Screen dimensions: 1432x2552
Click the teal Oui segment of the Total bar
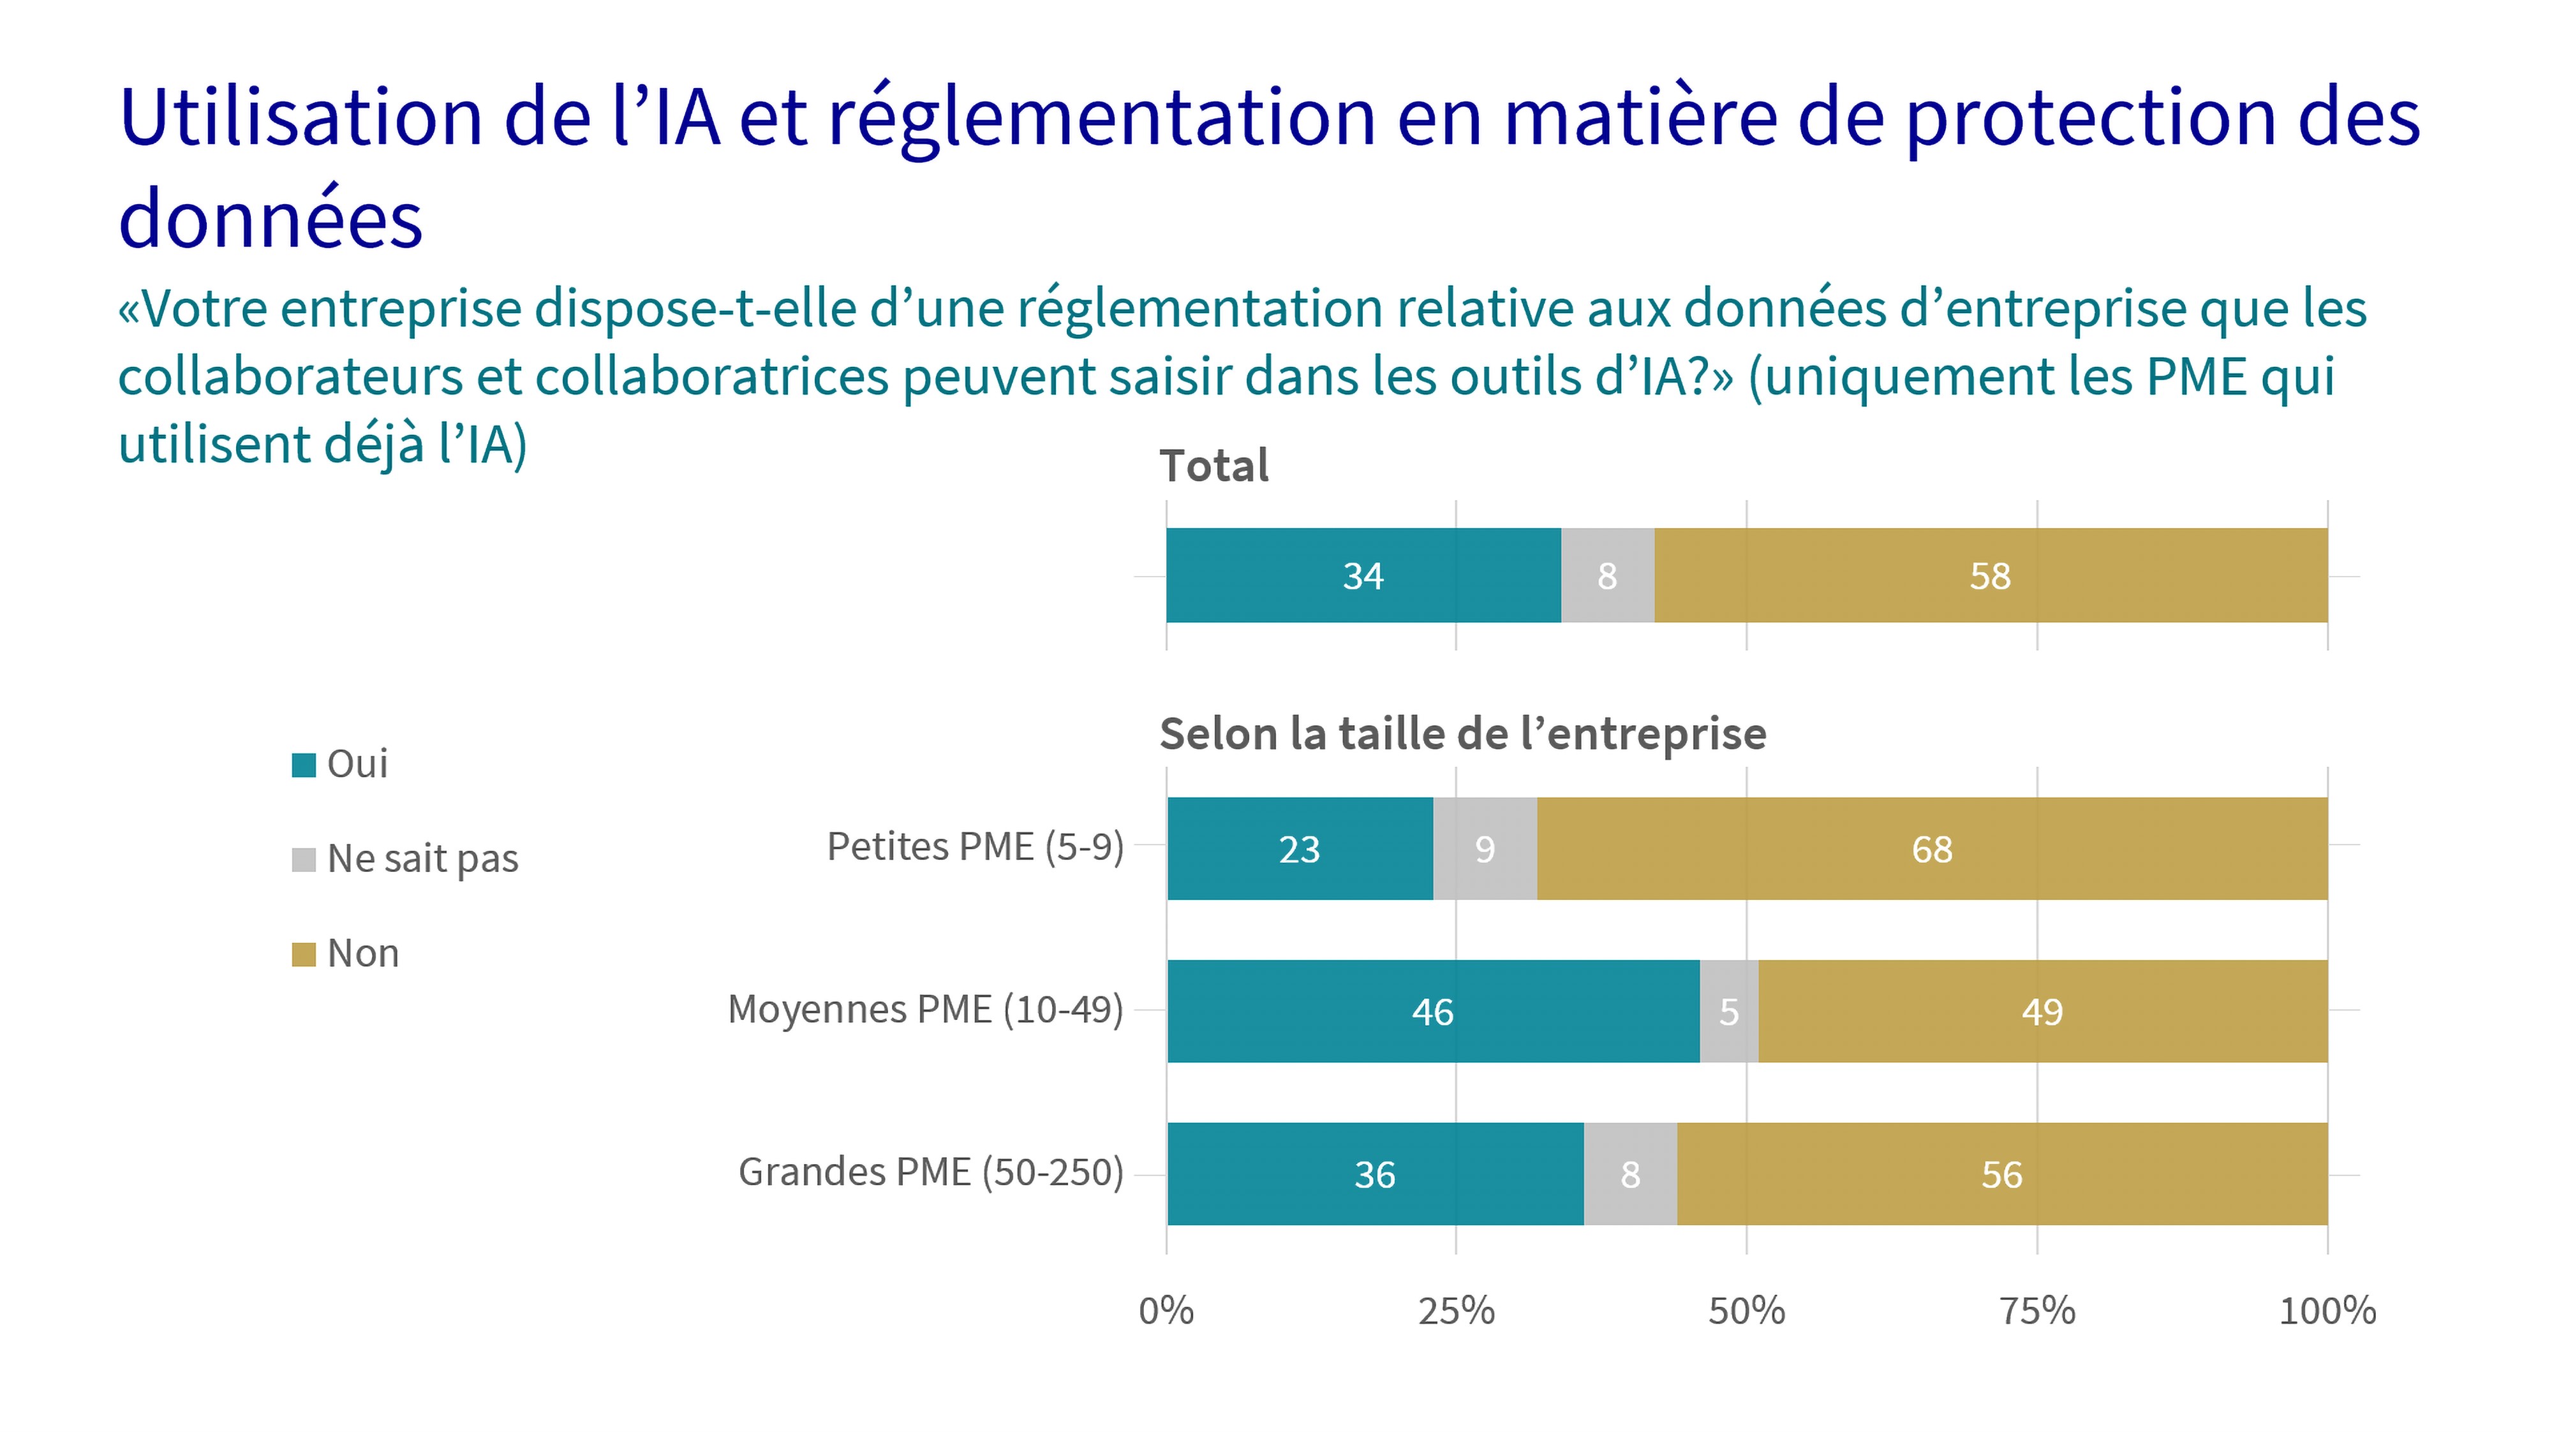click(1363, 575)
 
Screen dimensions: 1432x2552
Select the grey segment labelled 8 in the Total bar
click(1607, 575)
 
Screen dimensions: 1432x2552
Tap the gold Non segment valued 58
click(1991, 575)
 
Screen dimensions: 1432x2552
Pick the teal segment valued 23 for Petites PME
click(1300, 849)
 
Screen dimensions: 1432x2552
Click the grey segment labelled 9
click(1484, 849)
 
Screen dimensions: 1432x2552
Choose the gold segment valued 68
click(1932, 849)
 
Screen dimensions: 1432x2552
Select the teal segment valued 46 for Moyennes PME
click(1432, 1011)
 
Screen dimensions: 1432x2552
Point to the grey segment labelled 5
click(1729, 1011)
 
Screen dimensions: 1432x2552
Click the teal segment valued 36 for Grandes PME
click(1375, 1174)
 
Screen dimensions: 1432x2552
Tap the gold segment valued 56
click(2001, 1174)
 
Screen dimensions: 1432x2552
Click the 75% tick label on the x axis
click(2037, 1311)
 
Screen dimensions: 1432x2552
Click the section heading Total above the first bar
click(1213, 466)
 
